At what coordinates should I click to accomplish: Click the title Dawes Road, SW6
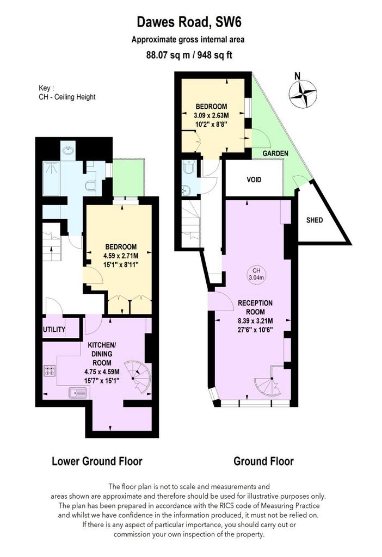pos(189,22)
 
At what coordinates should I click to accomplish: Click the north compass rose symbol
pos(302,94)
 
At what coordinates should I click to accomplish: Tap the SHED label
pos(315,220)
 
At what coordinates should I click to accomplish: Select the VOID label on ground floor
pos(254,180)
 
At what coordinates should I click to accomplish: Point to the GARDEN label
pos(275,153)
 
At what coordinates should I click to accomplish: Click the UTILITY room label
pos(54,329)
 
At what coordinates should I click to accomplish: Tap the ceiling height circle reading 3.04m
pos(256,274)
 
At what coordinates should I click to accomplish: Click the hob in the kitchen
pos(50,371)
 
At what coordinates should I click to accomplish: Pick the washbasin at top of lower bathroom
pos(67,150)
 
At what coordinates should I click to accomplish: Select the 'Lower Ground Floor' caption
pos(97,461)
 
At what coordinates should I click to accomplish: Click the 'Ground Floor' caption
pos(264,461)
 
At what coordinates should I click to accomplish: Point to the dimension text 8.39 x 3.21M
pos(255,321)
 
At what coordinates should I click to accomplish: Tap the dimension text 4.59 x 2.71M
pos(121,256)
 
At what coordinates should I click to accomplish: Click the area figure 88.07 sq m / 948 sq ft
pos(189,55)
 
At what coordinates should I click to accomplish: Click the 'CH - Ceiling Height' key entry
pos(67,97)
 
